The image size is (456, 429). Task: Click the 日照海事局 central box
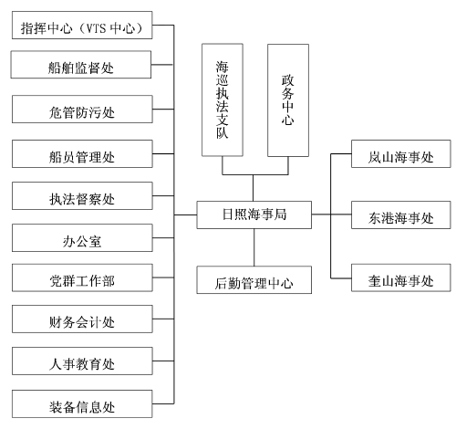click(254, 214)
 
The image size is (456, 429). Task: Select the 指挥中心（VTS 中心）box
click(82, 26)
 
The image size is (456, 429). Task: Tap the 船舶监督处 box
click(81, 65)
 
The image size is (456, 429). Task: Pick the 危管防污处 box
click(82, 110)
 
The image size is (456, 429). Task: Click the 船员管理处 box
click(82, 154)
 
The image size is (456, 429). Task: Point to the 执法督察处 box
click(82, 196)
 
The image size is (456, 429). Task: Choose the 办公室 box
click(82, 238)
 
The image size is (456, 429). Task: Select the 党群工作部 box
click(82, 277)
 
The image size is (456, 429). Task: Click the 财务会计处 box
click(82, 319)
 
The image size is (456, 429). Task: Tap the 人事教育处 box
click(82, 361)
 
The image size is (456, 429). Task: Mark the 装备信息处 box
click(82, 404)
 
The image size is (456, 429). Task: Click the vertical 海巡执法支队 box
click(223, 100)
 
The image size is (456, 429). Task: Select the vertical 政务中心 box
click(288, 100)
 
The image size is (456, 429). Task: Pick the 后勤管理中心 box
click(254, 280)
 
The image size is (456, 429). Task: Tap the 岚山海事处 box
click(401, 154)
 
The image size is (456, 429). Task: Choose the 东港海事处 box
click(401, 214)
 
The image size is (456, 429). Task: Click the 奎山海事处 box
click(401, 277)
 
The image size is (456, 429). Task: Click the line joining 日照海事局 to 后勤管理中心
click(254, 247)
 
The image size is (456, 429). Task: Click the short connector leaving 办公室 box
click(163, 238)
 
